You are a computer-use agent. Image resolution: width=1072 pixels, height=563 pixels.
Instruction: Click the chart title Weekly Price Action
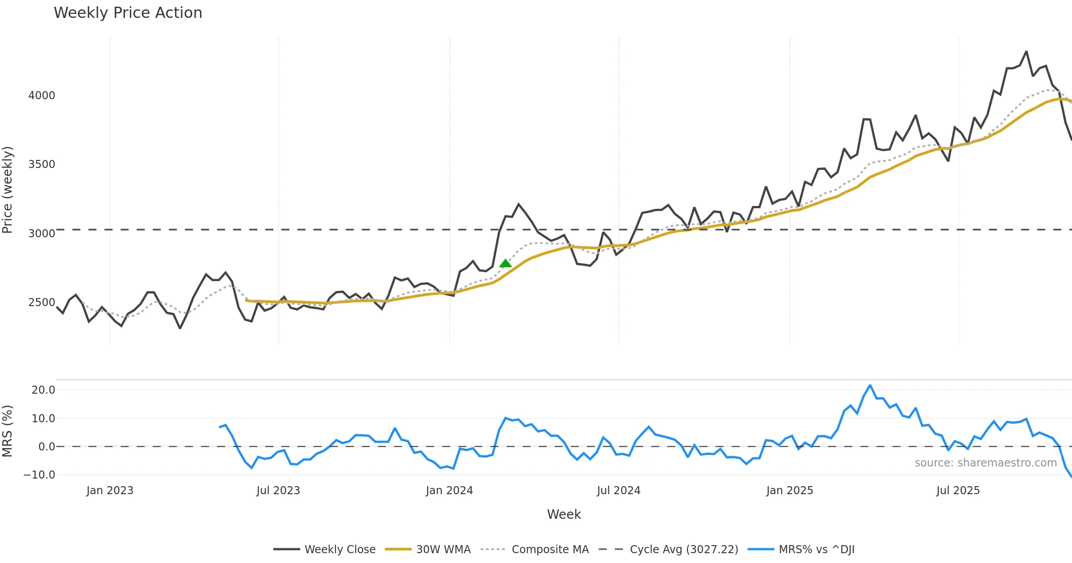tap(128, 13)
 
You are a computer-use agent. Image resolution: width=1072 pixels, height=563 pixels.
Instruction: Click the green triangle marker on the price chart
tap(505, 264)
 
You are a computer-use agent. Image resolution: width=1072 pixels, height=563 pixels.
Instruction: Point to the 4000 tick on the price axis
tap(42, 96)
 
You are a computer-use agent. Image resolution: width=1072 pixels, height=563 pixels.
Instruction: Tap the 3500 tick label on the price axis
tap(42, 164)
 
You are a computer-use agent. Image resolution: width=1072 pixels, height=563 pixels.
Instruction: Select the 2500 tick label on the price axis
tap(42, 303)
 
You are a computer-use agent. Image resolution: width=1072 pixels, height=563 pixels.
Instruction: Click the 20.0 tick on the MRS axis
tap(43, 390)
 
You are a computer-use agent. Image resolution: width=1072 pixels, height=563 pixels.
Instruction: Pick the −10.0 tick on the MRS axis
tap(39, 475)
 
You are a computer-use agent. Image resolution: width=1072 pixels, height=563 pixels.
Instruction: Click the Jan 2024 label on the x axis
tap(449, 491)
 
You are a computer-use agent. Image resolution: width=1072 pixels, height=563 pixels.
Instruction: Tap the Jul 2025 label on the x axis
tap(958, 491)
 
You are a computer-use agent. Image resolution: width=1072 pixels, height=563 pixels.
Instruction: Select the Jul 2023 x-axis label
tap(278, 491)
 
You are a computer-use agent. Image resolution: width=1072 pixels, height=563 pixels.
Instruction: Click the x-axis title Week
tap(564, 515)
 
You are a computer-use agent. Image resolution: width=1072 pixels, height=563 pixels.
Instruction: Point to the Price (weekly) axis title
tap(8, 190)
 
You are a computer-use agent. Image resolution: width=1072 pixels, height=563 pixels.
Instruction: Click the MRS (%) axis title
tap(8, 431)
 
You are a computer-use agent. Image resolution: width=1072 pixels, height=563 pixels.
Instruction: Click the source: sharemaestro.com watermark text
tap(985, 463)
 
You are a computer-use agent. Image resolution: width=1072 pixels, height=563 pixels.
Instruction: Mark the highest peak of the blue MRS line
tap(870, 386)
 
